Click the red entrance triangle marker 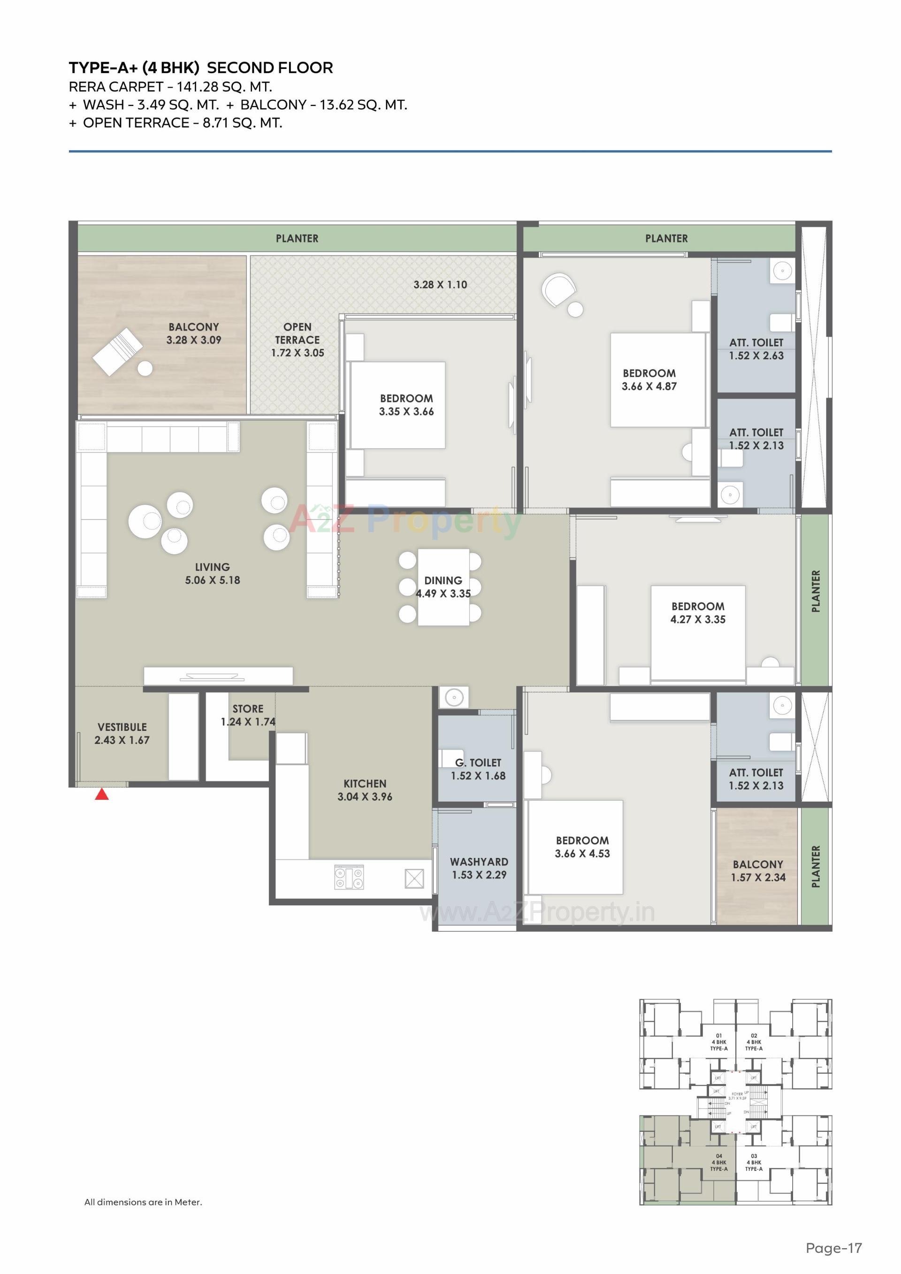(x=101, y=795)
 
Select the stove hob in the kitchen (x=349, y=877)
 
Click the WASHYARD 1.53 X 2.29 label (x=479, y=868)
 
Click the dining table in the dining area (x=443, y=587)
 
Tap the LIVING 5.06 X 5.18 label (x=212, y=573)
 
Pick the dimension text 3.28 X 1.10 (x=440, y=285)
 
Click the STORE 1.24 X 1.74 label (x=248, y=715)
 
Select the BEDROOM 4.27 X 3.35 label (x=698, y=613)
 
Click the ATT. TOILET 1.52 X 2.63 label (x=756, y=349)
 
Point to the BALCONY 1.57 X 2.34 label (x=758, y=871)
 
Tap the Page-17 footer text (x=834, y=1248)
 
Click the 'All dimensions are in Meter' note (x=143, y=1202)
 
